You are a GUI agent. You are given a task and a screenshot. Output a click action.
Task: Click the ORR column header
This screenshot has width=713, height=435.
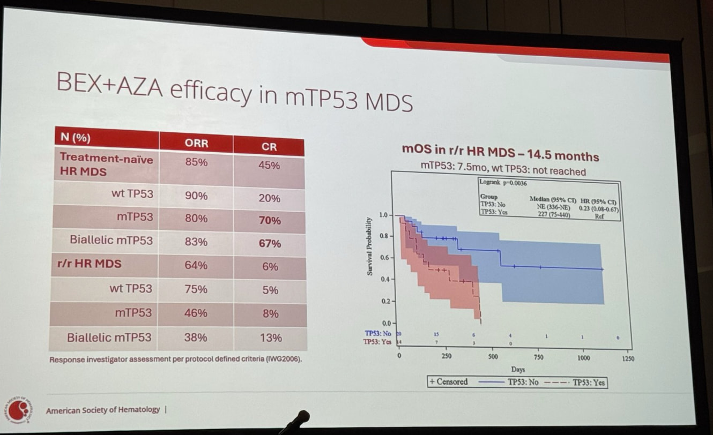(x=196, y=143)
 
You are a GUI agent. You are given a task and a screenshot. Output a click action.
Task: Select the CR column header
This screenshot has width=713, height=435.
(x=269, y=146)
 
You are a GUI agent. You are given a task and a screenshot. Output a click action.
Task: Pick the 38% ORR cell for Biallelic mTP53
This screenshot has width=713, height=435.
(x=196, y=337)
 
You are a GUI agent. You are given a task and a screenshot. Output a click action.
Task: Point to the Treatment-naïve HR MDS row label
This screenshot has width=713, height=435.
(x=106, y=165)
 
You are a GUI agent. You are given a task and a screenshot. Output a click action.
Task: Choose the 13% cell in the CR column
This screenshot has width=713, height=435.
(x=271, y=337)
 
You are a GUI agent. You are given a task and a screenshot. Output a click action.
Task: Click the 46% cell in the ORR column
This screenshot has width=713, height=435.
(x=196, y=313)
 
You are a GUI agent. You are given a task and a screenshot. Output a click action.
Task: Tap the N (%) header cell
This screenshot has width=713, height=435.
(x=76, y=137)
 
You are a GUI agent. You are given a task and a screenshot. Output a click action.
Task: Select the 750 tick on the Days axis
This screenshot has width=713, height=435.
(x=539, y=357)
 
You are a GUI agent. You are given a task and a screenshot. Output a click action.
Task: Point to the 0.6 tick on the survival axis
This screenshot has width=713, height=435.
(x=384, y=258)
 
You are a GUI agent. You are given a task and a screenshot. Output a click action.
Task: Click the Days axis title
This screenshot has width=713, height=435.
(x=518, y=369)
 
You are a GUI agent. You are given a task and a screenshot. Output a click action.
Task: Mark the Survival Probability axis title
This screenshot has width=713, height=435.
(x=370, y=246)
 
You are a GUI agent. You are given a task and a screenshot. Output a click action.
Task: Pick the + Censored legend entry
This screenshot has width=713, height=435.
(x=449, y=382)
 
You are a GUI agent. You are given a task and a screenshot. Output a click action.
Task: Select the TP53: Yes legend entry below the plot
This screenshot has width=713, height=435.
(x=589, y=382)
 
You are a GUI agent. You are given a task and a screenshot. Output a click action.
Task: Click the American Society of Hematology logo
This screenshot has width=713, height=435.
(x=19, y=410)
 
